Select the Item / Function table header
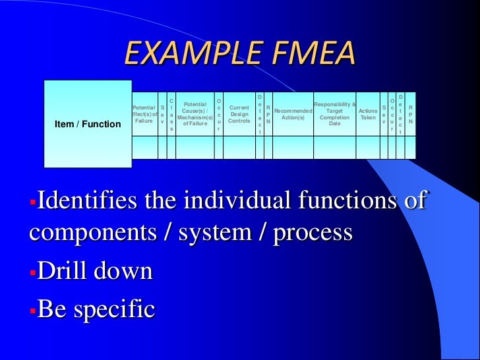[88, 124]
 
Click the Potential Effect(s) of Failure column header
[144, 113]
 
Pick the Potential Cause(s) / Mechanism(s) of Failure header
[195, 113]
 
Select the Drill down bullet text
[95, 271]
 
